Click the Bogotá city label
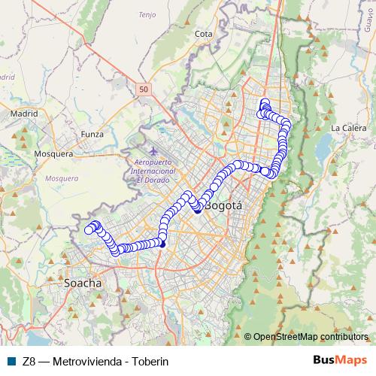[223, 205]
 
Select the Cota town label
[203, 34]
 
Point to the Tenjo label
[168, 14]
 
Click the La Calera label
[347, 127]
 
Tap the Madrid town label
[24, 114]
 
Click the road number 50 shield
[143, 89]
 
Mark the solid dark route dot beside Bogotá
[198, 211]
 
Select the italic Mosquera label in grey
[62, 178]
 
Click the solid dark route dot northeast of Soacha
[162, 243]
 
